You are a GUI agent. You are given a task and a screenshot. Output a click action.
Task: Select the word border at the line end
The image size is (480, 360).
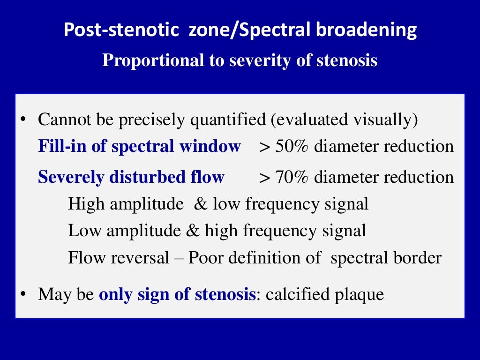coord(420,258)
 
